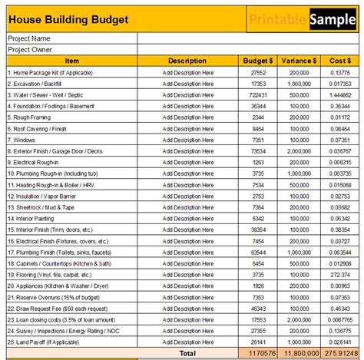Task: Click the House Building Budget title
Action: pos(68,19)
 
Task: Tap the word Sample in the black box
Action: pos(333,19)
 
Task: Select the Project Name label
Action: pos(29,38)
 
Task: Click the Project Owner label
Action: pos(31,49)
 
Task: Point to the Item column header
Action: pos(71,61)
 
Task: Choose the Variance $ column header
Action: pos(298,61)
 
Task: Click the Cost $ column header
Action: pos(339,61)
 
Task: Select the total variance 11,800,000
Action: pos(298,354)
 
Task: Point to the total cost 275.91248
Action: pos(339,354)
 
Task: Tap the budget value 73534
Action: pos(257,152)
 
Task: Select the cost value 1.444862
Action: pos(340,94)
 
